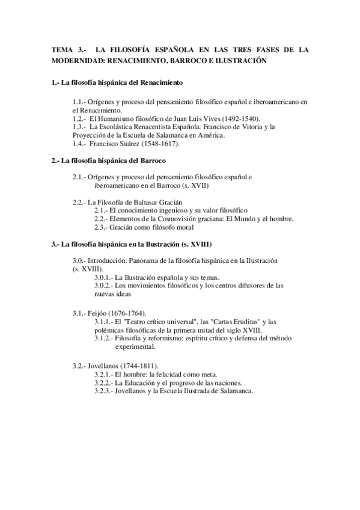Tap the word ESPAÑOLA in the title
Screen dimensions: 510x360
[173, 50]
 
